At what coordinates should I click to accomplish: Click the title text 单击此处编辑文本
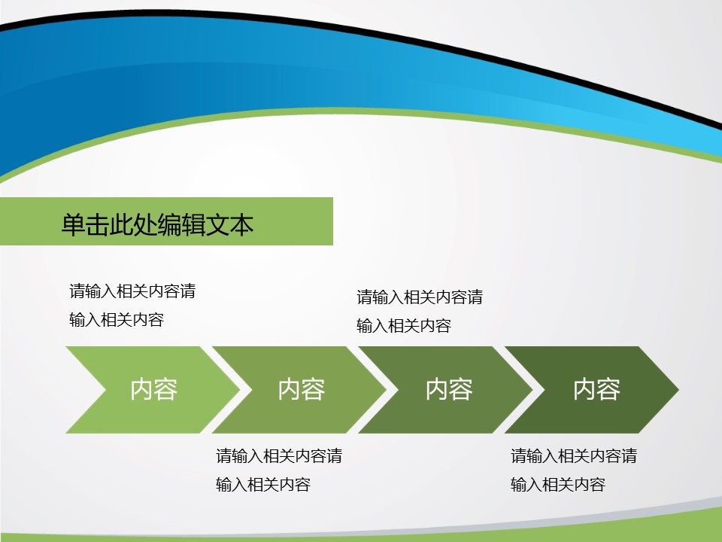[x=157, y=225]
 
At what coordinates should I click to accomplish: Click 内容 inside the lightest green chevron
[x=153, y=389]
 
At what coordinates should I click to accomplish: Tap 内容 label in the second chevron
[x=302, y=389]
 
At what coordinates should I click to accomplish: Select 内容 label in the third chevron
[x=449, y=389]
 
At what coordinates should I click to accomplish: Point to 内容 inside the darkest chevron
[x=596, y=389]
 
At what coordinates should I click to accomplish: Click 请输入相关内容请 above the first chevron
[x=132, y=291]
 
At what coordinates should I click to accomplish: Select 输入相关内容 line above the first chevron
[x=117, y=320]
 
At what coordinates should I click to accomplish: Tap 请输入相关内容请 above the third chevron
[x=420, y=297]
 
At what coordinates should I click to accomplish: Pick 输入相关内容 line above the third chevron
[x=404, y=326]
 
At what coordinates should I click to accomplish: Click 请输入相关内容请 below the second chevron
[x=280, y=456]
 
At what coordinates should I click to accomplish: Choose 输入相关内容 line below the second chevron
[x=263, y=485]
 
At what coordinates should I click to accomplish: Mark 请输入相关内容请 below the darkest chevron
[x=574, y=456]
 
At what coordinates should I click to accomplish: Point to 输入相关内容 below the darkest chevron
[x=558, y=485]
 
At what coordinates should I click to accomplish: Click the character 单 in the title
[x=73, y=225]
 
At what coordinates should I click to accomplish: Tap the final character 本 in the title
[x=241, y=225]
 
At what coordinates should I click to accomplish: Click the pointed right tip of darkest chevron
[x=678, y=390]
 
